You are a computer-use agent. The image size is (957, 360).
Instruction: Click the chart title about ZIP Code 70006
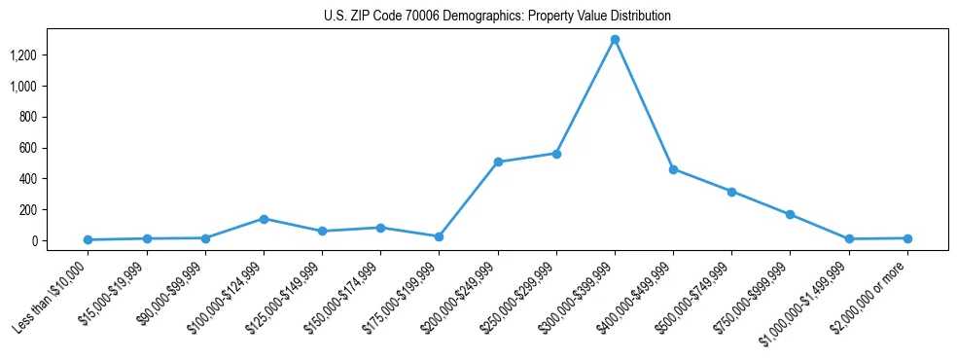[x=497, y=17]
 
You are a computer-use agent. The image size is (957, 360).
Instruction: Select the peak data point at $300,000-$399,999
[x=615, y=39]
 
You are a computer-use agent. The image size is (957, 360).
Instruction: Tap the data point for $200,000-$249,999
[x=498, y=162]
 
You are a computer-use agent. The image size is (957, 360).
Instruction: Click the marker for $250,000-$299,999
[x=556, y=154]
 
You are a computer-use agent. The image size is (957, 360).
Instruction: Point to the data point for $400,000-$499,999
[x=673, y=169]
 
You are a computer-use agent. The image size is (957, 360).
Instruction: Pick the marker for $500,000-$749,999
[x=731, y=192]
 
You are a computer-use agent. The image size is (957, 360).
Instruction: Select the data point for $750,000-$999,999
[x=790, y=214]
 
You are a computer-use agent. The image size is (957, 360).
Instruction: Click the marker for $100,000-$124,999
[x=264, y=219]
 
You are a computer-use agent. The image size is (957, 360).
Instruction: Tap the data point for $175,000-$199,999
[x=439, y=236]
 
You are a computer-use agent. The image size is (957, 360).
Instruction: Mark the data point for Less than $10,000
[x=88, y=239]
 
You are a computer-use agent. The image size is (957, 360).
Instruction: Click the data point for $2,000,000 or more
[x=907, y=238]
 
